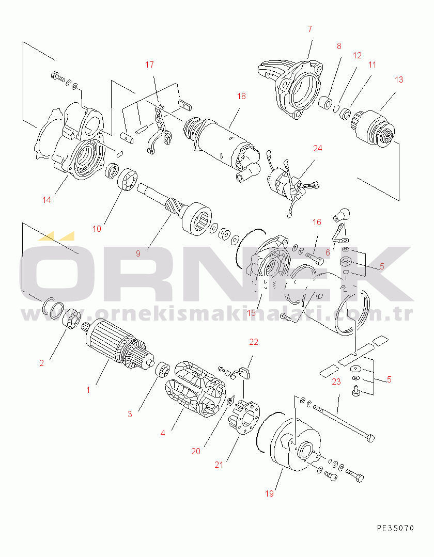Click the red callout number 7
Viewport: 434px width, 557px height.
click(x=310, y=29)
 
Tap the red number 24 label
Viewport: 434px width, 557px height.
click(x=317, y=148)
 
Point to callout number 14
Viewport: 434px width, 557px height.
click(x=47, y=200)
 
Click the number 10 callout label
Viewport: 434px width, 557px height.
click(x=97, y=228)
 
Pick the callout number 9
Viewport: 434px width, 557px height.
click(x=138, y=253)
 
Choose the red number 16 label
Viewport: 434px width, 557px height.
click(x=317, y=222)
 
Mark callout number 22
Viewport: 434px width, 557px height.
click(x=254, y=342)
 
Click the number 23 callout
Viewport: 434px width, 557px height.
click(x=336, y=382)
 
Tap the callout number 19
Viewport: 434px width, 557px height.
click(x=269, y=494)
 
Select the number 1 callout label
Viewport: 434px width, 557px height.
click(x=88, y=390)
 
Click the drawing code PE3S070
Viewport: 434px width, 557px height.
click(x=395, y=528)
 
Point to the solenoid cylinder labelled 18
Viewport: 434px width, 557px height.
click(x=225, y=139)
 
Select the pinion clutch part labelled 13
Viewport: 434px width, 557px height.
click(x=373, y=125)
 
